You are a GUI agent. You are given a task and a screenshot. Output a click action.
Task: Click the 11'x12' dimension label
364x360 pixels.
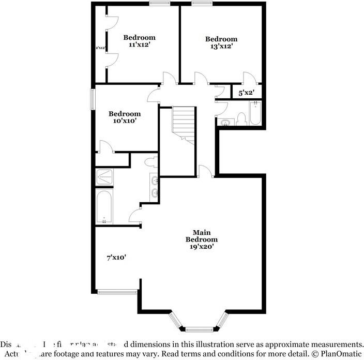[139, 46]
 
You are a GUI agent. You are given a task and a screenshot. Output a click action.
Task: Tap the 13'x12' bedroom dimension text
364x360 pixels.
[221, 47]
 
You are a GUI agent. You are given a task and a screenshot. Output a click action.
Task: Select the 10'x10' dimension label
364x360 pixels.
[124, 121]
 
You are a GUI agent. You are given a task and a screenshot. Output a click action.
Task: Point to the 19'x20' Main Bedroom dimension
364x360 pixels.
[202, 247]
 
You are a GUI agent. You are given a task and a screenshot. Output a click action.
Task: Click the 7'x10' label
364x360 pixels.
[116, 257]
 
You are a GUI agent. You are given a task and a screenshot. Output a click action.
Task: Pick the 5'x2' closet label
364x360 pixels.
[246, 93]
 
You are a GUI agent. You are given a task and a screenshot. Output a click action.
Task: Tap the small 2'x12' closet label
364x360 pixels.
[100, 48]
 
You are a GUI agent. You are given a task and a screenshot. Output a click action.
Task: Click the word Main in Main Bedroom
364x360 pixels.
[202, 232]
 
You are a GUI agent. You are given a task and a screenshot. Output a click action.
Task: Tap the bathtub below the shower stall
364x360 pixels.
[104, 207]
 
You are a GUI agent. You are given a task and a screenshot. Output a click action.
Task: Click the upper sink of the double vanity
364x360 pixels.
[155, 181]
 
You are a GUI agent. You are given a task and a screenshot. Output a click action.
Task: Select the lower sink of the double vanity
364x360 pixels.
[155, 194]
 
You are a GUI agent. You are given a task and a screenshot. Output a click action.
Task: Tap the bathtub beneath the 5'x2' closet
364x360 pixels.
[256, 114]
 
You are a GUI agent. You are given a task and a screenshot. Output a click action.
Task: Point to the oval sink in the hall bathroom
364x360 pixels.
[225, 123]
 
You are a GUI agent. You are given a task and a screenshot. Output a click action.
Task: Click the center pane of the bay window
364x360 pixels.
[199, 329]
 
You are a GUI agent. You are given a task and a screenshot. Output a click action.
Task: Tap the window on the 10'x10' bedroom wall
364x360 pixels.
[93, 99]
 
